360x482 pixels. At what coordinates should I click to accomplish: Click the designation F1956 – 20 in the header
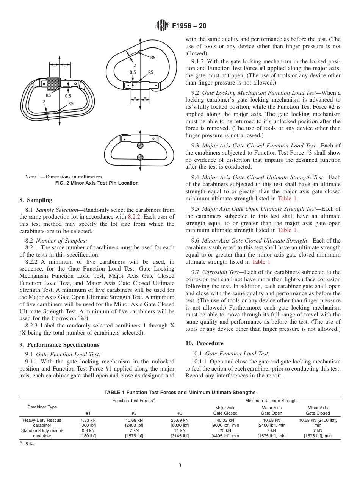189,26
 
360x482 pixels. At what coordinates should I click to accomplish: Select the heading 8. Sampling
36,200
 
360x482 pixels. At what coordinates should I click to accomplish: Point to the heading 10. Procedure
204,343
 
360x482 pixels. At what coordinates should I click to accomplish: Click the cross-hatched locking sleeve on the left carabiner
53,83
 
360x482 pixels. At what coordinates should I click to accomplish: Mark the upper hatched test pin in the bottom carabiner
140,145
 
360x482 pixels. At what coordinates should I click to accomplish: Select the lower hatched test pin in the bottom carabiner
140,157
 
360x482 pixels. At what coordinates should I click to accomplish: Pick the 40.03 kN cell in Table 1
225,420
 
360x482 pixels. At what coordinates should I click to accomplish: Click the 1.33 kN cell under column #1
88,420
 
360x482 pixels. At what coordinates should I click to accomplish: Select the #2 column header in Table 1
134,413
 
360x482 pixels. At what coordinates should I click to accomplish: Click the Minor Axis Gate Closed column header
318,410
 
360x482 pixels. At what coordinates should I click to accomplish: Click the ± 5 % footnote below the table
27,444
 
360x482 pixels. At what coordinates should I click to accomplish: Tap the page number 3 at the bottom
180,466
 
